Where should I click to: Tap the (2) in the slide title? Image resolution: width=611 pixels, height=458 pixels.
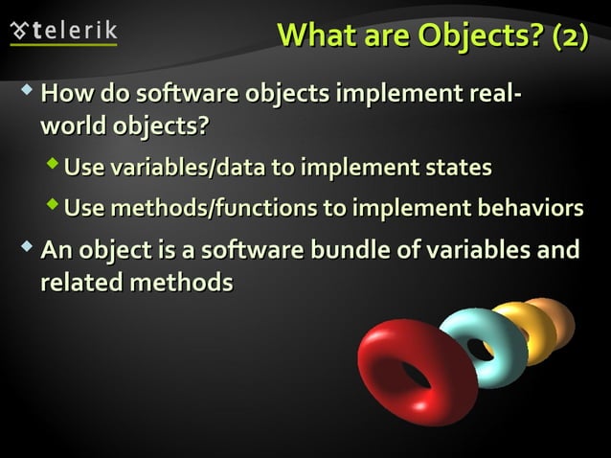tap(571, 35)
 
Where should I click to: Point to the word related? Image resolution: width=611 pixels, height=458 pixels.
tap(80, 283)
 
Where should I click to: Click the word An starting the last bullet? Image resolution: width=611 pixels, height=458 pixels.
tap(55, 251)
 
